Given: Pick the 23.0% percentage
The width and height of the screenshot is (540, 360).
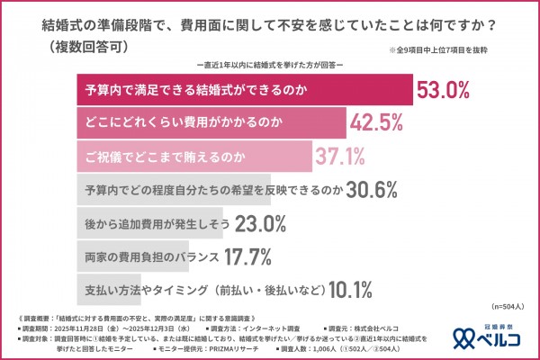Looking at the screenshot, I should point(260,222).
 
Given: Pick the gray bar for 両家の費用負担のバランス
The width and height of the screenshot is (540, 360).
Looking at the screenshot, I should point(131,256).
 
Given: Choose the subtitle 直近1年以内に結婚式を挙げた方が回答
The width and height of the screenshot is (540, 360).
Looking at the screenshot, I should point(269,66).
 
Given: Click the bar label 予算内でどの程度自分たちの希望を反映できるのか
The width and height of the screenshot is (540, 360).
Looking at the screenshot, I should point(211,190).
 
